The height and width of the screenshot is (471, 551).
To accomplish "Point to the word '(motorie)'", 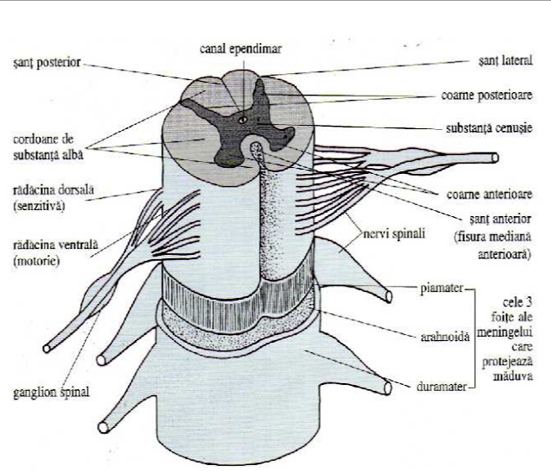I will click(36, 262).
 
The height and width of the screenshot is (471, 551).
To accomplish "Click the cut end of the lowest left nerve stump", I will click(102, 425).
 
